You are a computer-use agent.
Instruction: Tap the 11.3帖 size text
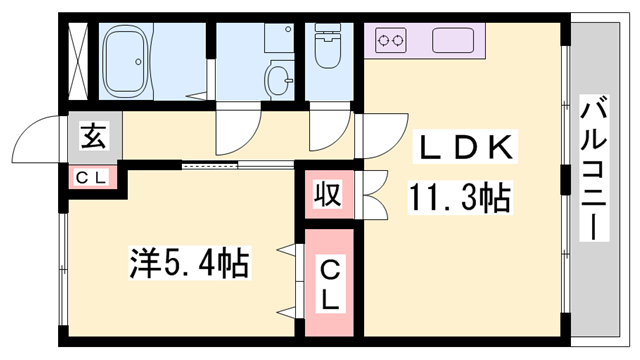[x=459, y=196]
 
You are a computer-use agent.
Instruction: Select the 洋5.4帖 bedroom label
[x=189, y=264]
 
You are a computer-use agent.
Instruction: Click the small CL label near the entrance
[x=93, y=177]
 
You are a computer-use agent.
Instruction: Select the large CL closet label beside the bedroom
[x=328, y=283]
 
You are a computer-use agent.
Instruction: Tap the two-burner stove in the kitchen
[x=391, y=41]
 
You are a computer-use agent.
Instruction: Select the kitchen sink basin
[x=455, y=41]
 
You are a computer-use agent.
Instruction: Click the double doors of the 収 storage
[x=372, y=195]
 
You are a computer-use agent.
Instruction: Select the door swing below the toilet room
[x=326, y=128]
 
